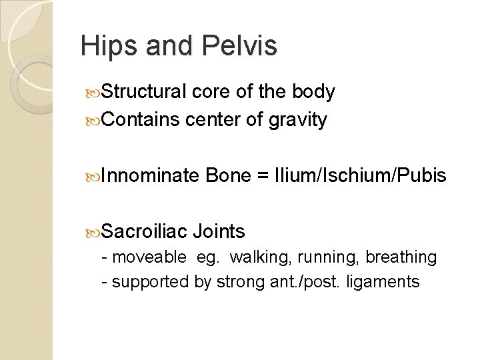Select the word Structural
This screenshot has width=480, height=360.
click(x=145, y=92)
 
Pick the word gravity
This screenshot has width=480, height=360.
click(x=297, y=121)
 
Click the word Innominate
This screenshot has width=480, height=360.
click(x=151, y=176)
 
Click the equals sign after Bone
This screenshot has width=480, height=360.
click(x=262, y=177)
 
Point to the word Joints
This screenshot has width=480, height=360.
click(x=219, y=232)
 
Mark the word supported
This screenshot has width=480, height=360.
click(x=150, y=282)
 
